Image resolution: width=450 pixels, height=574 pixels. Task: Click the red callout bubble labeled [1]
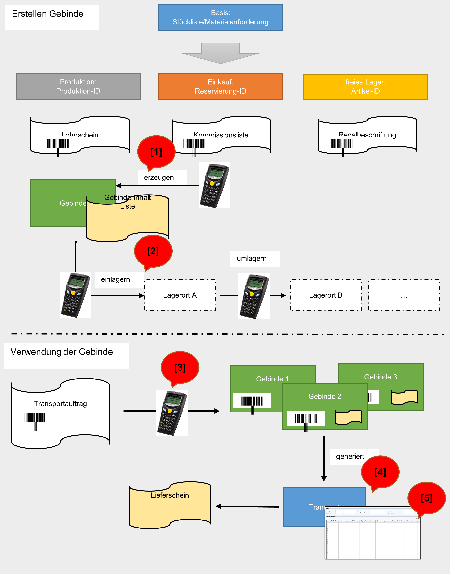click(x=156, y=152)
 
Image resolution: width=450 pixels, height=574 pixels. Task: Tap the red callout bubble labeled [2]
click(x=153, y=251)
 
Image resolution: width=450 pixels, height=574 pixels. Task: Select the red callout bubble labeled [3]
click(x=180, y=368)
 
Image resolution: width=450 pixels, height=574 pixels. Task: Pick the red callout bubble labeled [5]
click(x=426, y=498)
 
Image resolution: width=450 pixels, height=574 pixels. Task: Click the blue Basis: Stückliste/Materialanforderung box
click(x=221, y=17)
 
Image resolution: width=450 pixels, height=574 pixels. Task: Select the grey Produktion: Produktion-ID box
click(x=78, y=87)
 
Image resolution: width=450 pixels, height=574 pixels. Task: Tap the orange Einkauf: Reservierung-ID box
click(x=221, y=87)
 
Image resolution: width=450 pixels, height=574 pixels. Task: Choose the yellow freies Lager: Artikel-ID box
click(x=365, y=87)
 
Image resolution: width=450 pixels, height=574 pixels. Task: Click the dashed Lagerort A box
click(x=180, y=295)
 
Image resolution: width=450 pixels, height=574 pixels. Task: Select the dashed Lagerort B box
click(x=326, y=295)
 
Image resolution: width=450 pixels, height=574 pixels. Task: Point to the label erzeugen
click(x=159, y=178)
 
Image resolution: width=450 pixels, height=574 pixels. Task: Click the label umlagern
click(x=252, y=259)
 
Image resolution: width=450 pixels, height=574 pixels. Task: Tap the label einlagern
click(x=115, y=279)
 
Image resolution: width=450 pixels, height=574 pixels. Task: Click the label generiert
click(x=350, y=457)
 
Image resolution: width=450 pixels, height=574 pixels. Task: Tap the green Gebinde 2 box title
click(x=325, y=396)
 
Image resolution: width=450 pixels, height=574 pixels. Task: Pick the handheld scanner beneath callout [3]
click(x=172, y=413)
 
